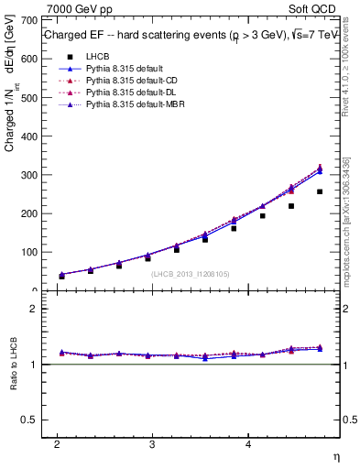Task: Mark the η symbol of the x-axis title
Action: (334, 456)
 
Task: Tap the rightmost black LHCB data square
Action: (320, 191)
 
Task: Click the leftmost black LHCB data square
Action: (61, 276)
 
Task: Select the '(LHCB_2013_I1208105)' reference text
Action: (190, 274)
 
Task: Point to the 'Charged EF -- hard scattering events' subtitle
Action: (137, 35)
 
